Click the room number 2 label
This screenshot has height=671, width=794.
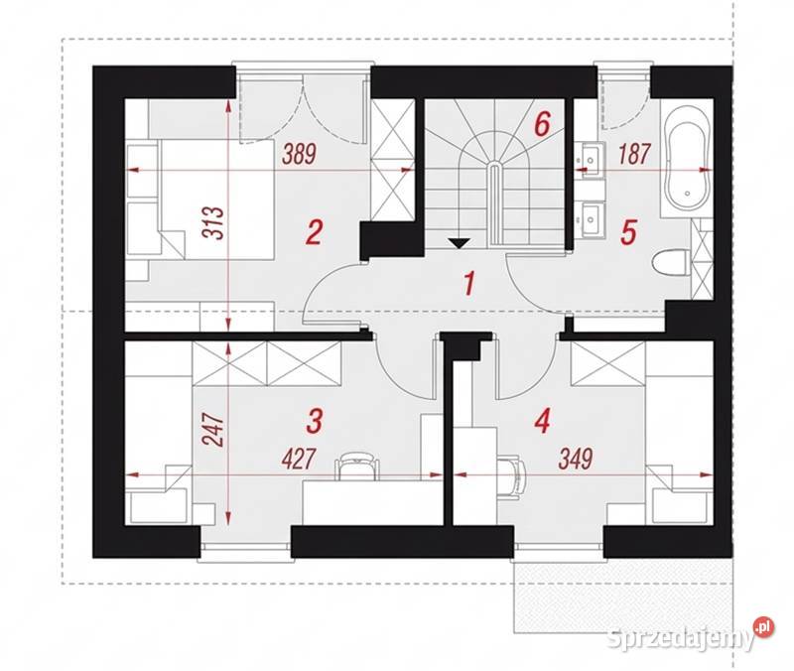coord(314,232)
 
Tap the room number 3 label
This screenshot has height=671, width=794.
coord(315,421)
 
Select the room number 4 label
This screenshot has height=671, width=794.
coord(542,421)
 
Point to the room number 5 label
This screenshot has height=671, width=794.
coord(628,233)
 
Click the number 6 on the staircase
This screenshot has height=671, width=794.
coord(542,123)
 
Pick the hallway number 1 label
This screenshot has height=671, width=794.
coord(469,283)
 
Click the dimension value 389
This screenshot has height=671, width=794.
coord(300,154)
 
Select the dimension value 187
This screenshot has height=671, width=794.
coord(633,154)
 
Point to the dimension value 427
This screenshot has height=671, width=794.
coord(300,460)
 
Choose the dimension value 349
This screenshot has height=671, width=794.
coord(576,460)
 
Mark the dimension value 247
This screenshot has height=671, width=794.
coord(213,431)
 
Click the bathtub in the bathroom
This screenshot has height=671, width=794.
coord(687,159)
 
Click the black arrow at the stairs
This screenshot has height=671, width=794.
coord(459,243)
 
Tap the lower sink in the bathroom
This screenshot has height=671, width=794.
coord(591,219)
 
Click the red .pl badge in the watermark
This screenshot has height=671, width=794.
coord(763,628)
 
